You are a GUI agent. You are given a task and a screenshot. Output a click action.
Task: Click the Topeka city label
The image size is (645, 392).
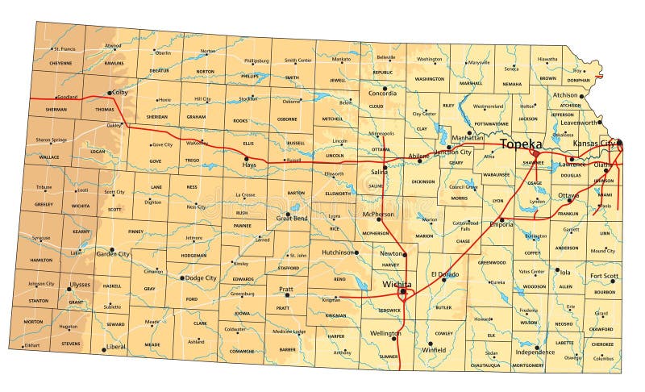pyautogui.click(x=521, y=144)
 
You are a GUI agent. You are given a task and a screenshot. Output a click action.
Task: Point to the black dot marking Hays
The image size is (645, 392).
pyautogui.click(x=246, y=158)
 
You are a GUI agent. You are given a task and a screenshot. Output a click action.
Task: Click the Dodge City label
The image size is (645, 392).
pyautogui.click(x=201, y=278)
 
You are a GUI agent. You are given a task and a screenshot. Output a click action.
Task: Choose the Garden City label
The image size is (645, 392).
pyautogui.click(x=113, y=253)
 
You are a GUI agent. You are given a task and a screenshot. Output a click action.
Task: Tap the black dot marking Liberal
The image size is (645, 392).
pyautogui.click(x=103, y=349)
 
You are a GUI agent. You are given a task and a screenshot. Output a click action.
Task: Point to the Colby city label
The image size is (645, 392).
pyautogui.click(x=120, y=92)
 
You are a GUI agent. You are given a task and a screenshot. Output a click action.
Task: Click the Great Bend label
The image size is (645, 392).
pyautogui.click(x=292, y=218)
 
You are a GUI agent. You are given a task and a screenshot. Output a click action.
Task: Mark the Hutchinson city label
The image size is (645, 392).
pyautogui.click(x=339, y=252)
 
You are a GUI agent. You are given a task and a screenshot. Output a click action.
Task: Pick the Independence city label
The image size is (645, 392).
pyautogui.click(x=535, y=352)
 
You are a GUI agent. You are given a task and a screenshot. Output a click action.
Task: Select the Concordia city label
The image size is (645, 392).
pyautogui.click(x=382, y=93)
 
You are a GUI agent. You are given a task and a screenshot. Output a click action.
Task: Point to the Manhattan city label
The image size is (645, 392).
pyautogui.click(x=468, y=138)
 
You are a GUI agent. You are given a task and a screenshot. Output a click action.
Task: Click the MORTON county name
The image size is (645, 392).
pyautogui.click(x=33, y=322)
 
